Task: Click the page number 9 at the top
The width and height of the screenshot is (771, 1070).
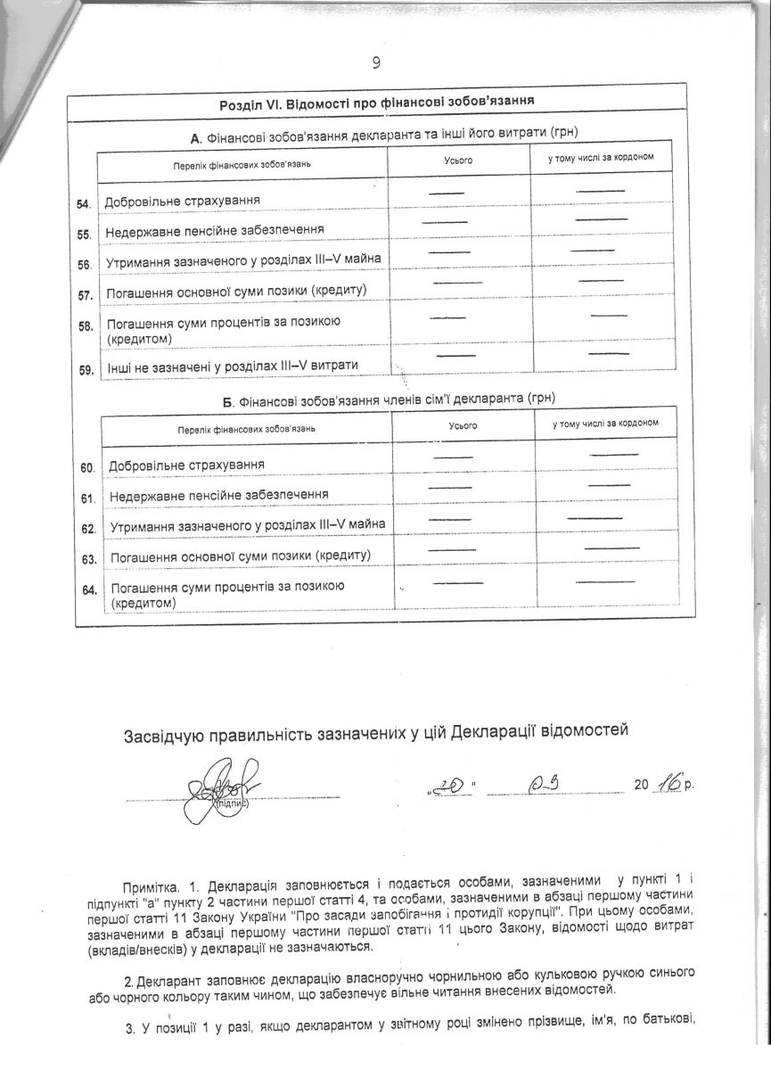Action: tap(376, 62)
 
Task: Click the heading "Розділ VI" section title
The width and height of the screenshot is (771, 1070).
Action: tap(383, 104)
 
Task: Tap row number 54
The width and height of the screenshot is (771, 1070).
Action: tap(85, 205)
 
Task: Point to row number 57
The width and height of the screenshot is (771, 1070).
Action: tap(86, 294)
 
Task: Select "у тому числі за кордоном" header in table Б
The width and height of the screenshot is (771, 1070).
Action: tap(605, 423)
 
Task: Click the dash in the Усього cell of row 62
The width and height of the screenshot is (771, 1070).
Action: tap(450, 518)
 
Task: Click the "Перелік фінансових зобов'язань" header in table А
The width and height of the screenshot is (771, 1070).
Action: tap(242, 166)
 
